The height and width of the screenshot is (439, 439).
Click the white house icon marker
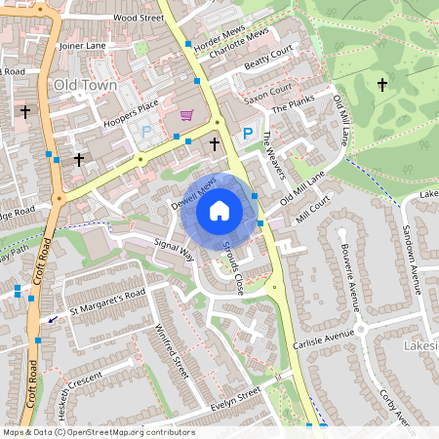tap(219, 211)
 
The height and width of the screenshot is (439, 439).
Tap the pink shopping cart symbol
tap(186, 115)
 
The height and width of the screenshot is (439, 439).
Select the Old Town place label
tap(86, 85)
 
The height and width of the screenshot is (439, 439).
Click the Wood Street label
tap(138, 18)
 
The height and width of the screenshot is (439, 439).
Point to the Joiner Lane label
tap(82, 45)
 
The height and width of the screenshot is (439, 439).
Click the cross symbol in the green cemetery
tap(381, 85)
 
